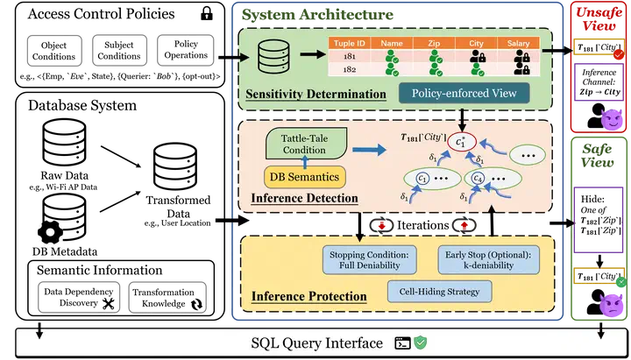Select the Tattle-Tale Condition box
pyautogui.click(x=303, y=143)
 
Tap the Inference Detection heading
pyautogui.click(x=304, y=199)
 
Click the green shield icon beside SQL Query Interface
pyautogui.click(x=421, y=342)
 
